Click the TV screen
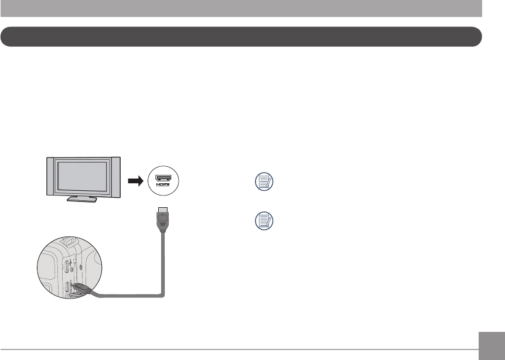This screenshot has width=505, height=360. coord(83,176)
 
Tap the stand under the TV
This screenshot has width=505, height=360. coord(83,198)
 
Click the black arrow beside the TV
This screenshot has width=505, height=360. coord(136,181)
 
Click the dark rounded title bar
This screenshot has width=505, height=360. coord(241,36)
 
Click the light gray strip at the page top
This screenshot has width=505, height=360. coord(241,8)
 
